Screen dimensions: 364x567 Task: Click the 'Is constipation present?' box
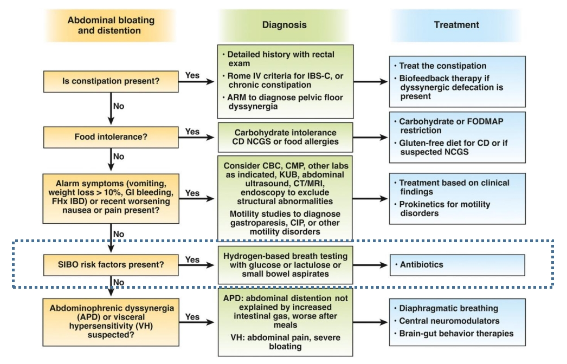click(x=111, y=84)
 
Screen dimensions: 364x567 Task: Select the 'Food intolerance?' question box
click(x=111, y=137)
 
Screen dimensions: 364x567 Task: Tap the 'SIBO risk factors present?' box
click(x=111, y=265)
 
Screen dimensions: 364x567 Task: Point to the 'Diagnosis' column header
click(x=284, y=25)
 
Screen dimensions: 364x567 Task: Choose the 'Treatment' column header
click(x=456, y=25)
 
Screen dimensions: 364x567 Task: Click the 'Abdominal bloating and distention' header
click(x=111, y=25)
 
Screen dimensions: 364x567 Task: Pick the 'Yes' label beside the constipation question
click(x=192, y=75)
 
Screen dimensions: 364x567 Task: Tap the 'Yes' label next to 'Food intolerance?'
click(x=192, y=132)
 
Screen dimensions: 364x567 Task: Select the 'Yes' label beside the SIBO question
click(x=192, y=259)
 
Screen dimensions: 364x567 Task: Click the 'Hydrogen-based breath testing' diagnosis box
click(x=285, y=265)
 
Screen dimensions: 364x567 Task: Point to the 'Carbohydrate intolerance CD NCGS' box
click(x=285, y=138)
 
